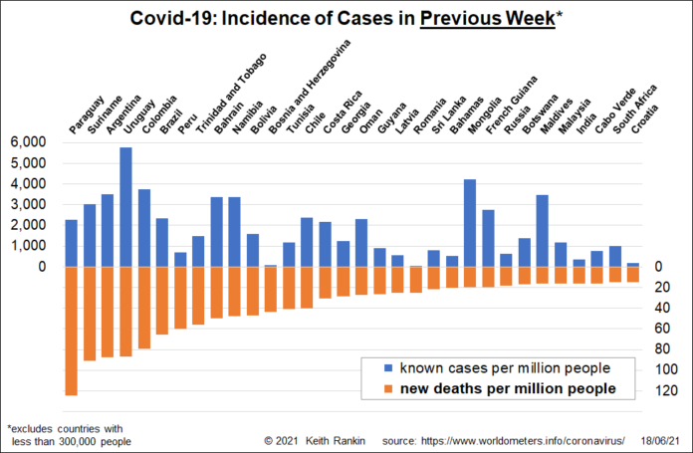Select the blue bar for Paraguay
coord(72,243)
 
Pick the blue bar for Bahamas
coord(470,223)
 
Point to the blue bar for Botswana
coord(543,230)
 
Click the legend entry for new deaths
coord(507,388)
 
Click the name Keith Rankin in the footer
coord(337,439)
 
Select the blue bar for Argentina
coord(108,230)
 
